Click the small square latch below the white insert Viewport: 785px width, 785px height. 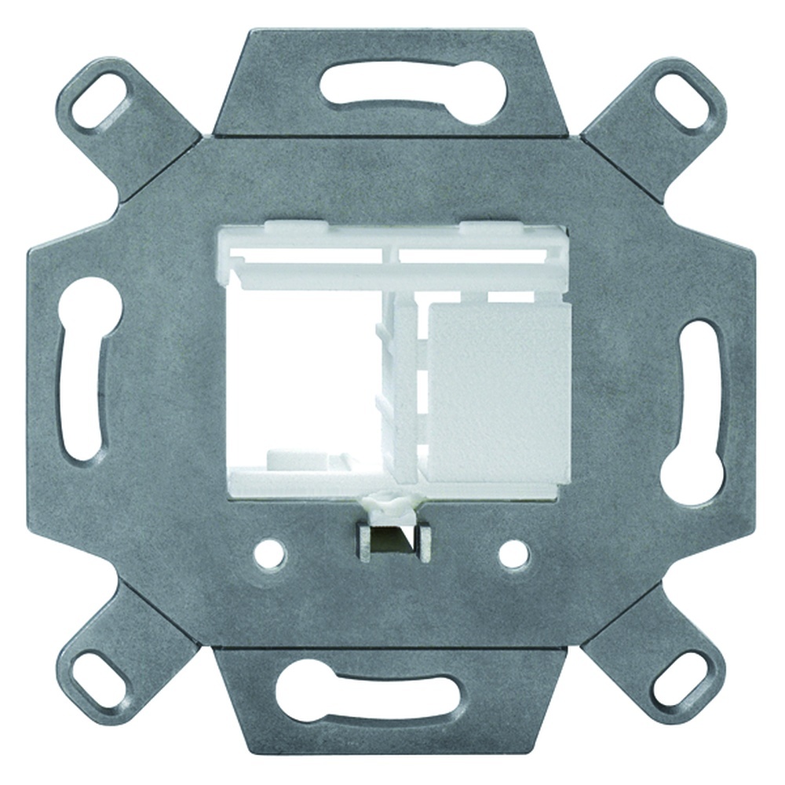click(392, 541)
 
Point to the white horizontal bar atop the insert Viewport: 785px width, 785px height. click(392, 272)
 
